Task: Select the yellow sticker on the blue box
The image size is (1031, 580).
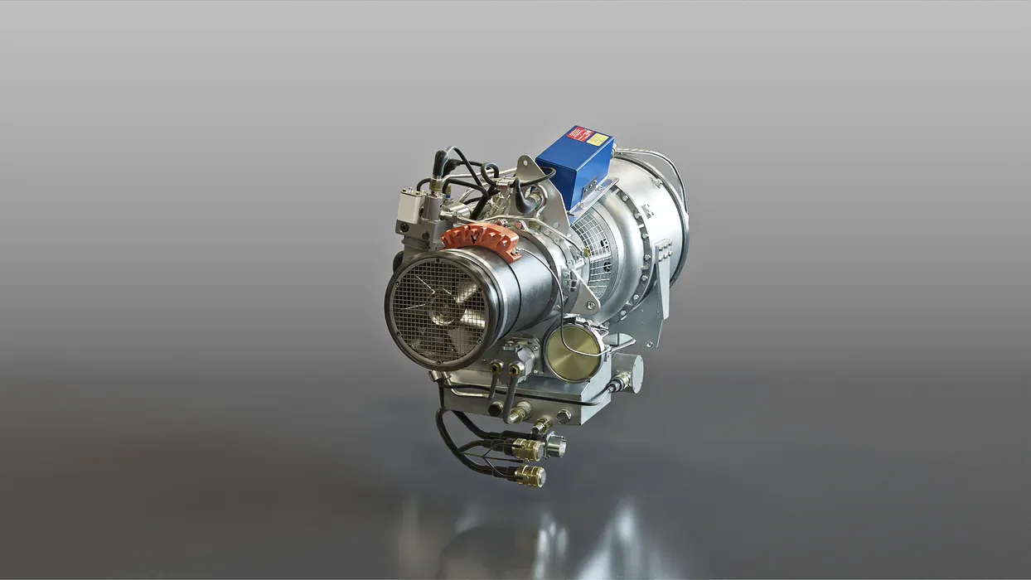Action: point(598,139)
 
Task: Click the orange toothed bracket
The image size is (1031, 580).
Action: point(482,239)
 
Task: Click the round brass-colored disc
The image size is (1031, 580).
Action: point(574,352)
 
